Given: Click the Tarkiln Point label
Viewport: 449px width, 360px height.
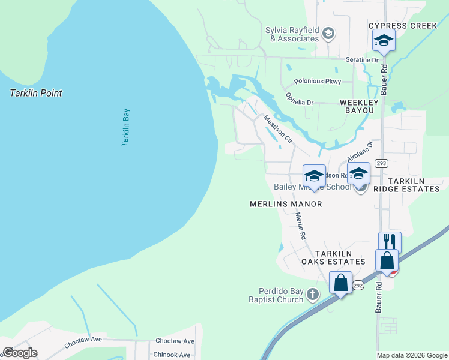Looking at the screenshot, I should pos(36,93).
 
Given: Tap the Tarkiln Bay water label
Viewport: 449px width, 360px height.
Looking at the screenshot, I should pos(126,127).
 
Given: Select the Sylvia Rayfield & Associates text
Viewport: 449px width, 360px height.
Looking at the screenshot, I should pos(292,34).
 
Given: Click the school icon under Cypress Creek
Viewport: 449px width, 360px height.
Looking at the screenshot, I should pos(382,41).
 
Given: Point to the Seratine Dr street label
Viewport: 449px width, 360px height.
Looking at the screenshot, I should pos(362,60).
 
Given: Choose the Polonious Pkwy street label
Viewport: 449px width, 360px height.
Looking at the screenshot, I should pos(317,81).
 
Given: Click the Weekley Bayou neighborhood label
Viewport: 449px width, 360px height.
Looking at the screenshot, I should pos(359,106).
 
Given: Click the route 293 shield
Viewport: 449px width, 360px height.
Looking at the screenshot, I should pos(381,163).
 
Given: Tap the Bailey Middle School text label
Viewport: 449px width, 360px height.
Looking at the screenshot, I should pos(312,187).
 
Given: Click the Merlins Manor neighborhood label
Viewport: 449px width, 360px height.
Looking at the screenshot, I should pos(286,204).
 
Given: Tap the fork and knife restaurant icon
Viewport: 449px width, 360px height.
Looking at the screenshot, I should pos(390,242).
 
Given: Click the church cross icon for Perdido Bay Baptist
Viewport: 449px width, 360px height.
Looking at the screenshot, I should pos(312,294).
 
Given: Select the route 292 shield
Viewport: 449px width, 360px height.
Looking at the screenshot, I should pos(358,286).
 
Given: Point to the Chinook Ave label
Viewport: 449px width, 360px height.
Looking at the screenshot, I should pos(173,355).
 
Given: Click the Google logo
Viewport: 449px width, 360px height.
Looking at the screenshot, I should pos(20,352).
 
